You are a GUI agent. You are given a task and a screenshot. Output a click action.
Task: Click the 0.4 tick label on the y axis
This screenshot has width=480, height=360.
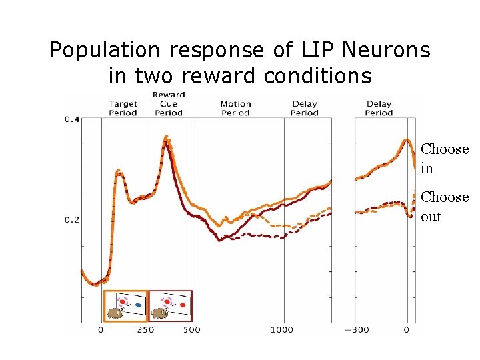tap(71, 119)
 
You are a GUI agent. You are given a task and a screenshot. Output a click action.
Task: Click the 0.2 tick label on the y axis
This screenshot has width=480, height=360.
tap(71, 219)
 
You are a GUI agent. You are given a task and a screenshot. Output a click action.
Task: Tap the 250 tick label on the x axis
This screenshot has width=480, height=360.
tap(145, 329)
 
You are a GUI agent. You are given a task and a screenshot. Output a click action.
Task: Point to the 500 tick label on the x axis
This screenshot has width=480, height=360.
tap(191, 329)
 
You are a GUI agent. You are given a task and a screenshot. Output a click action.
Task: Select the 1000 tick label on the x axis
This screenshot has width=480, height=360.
tap(282, 329)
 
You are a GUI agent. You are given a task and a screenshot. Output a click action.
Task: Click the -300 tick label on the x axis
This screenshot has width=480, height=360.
tap(359, 329)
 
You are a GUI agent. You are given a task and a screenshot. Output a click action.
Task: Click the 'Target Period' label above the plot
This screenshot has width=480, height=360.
tap(123, 108)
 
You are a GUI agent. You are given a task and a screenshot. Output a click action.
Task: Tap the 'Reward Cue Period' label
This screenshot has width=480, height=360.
tap(169, 103)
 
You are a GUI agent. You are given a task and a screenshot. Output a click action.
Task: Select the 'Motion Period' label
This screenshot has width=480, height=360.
tap(235, 108)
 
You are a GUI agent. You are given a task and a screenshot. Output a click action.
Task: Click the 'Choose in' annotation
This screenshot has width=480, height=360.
tap(445, 159)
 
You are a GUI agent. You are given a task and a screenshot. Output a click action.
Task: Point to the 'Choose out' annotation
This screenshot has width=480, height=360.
tap(445, 207)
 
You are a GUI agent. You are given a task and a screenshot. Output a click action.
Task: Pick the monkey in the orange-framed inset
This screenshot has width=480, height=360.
tap(115, 312)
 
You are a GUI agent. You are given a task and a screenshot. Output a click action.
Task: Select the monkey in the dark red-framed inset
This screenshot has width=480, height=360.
tap(159, 312)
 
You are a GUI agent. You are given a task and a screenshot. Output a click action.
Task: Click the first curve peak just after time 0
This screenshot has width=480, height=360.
tap(119, 171)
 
